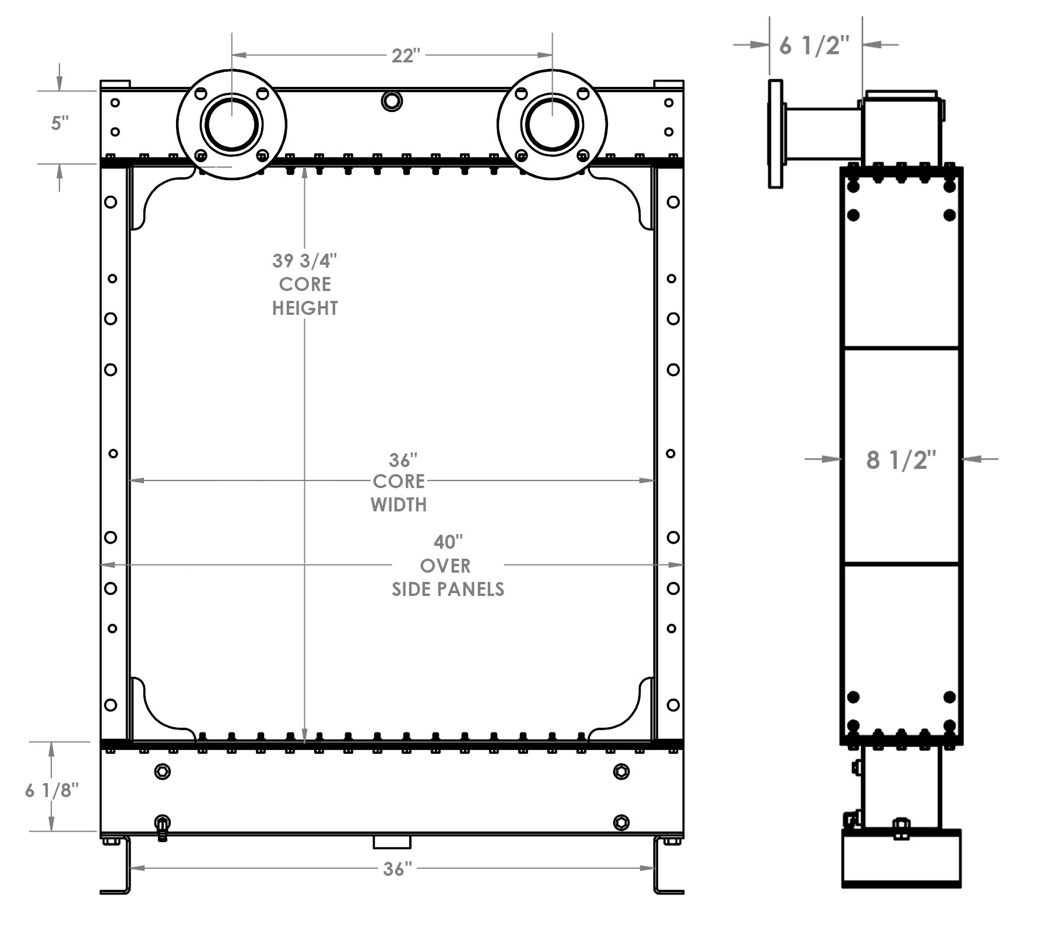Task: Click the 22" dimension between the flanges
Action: pos(406,56)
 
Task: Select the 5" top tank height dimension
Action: pos(60,124)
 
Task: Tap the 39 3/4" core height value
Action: pos(305,260)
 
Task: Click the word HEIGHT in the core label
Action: pos(305,308)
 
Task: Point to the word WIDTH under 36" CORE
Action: pos(399,505)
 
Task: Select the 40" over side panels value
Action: pos(448,542)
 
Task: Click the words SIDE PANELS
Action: pos(448,590)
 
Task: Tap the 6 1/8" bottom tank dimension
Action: pos(52,791)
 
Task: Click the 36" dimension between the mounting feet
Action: pos(398,869)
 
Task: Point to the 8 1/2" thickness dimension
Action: pos(901,460)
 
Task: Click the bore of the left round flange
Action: pos(231,125)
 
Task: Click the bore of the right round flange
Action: pos(552,125)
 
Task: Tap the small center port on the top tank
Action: pos(392,101)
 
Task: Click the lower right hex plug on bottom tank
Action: pos(621,823)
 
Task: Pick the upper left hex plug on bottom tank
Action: pos(163,772)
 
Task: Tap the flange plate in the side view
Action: pos(775,134)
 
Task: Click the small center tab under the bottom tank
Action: pos(392,843)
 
